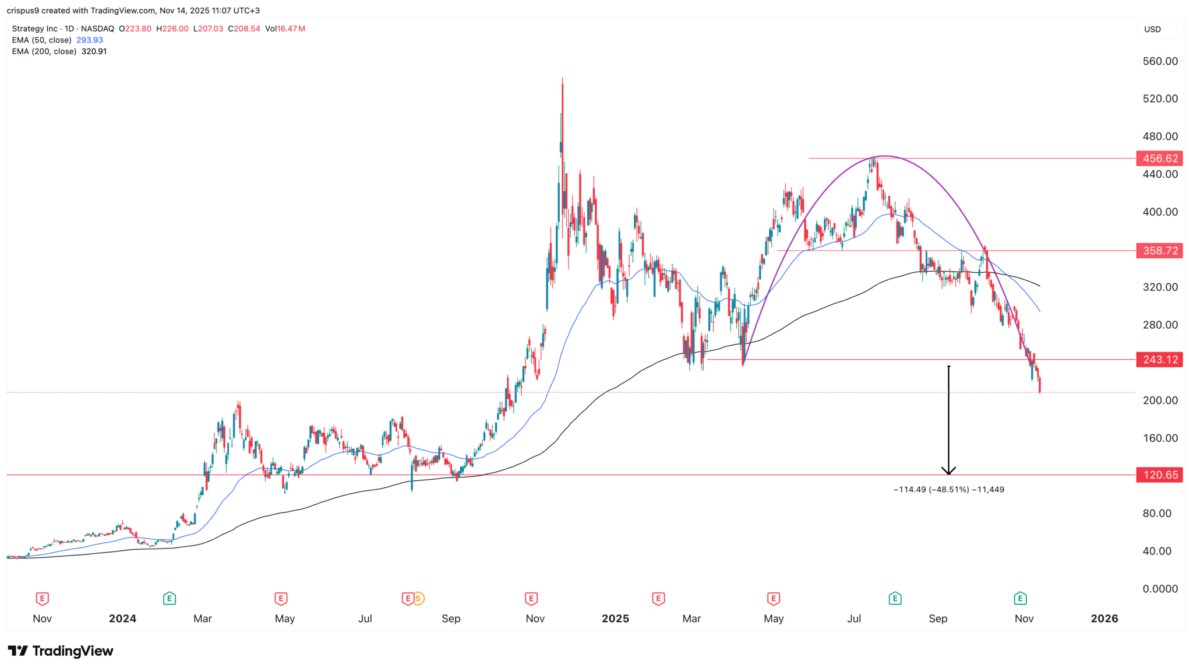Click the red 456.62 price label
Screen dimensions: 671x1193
pos(1159,159)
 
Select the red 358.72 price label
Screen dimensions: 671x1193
pos(1159,251)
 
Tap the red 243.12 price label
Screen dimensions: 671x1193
pos(1159,360)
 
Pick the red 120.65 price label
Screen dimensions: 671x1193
pos(1159,475)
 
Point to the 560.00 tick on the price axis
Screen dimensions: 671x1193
pos(1160,61)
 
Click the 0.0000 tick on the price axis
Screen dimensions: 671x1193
pos(1160,589)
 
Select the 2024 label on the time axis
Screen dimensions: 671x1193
pos(122,619)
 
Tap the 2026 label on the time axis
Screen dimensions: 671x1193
pos(1104,619)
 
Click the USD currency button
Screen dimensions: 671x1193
pos(1152,29)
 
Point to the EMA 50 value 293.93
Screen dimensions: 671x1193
pos(90,40)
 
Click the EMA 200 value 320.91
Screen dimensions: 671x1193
pos(94,51)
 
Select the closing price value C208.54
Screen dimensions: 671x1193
pos(244,29)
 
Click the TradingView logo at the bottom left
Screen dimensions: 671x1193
pos(61,651)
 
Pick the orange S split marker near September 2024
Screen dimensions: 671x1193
pos(418,598)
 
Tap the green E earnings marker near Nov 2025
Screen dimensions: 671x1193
pos(1020,598)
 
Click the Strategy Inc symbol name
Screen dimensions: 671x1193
pos(35,29)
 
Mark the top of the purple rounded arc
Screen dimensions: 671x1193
pos(884,156)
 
